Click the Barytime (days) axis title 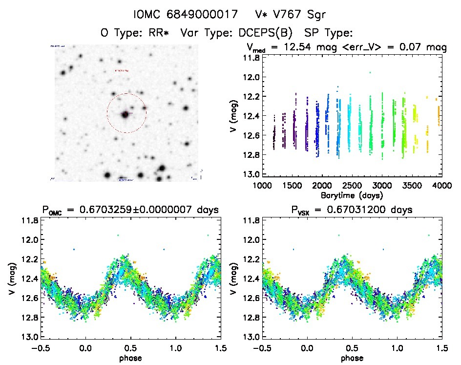click(352, 195)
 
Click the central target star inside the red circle click(126, 114)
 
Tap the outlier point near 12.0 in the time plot click(370, 72)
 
